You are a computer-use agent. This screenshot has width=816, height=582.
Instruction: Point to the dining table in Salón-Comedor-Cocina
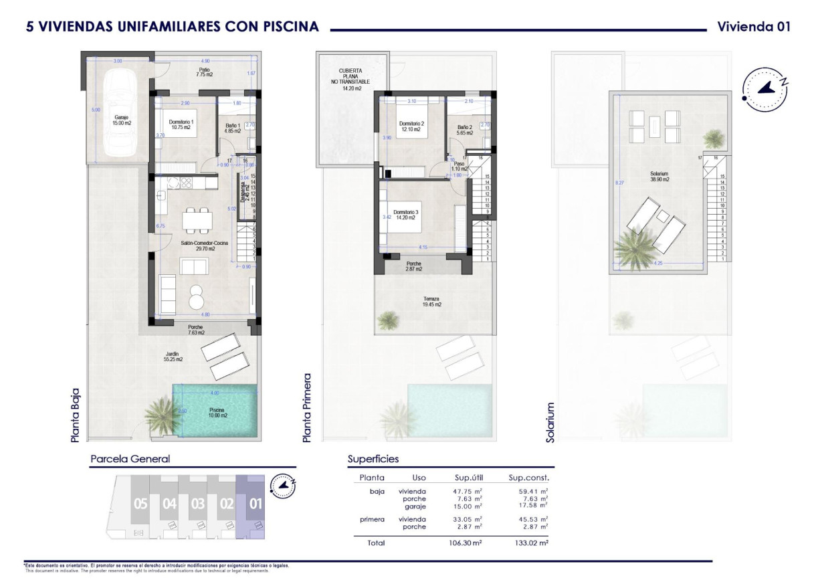198,219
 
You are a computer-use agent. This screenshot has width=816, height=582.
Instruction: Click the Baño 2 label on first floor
465,130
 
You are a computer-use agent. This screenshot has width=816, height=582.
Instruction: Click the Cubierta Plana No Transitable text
351,79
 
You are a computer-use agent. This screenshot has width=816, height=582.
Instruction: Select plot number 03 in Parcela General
197,504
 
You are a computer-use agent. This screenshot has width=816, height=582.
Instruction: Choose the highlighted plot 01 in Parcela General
255,504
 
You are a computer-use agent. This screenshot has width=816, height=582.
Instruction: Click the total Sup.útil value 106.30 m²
465,543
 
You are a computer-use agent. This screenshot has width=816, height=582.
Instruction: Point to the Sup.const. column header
528,478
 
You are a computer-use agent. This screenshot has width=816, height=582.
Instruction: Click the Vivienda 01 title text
753,27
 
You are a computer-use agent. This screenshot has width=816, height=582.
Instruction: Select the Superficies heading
373,459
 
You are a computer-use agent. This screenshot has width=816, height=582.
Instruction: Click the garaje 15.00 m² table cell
468,506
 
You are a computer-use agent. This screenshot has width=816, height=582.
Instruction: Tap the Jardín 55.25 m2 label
173,357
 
